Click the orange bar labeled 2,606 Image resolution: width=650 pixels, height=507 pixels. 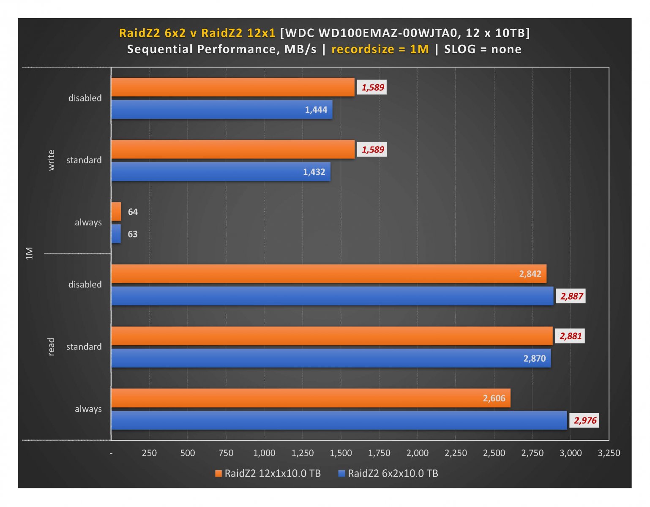click(x=311, y=398)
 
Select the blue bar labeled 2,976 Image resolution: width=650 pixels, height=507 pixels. click(x=339, y=420)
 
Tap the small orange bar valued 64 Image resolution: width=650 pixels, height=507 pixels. click(x=116, y=211)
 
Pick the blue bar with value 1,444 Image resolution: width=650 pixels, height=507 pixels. click(x=221, y=109)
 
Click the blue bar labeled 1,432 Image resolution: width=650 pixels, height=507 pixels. click(x=221, y=172)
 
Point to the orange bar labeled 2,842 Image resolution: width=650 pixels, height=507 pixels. click(x=328, y=274)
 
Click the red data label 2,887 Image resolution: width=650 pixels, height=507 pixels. click(x=571, y=296)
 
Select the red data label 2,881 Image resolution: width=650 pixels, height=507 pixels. click(x=570, y=336)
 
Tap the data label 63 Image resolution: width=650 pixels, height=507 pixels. click(x=133, y=234)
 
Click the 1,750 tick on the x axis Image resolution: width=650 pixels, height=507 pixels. click(x=379, y=453)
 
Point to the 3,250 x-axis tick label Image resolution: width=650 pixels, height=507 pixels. click(x=609, y=453)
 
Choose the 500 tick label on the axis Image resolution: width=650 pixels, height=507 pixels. click(x=188, y=453)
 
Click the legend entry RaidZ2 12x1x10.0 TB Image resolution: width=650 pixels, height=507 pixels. click(x=268, y=473)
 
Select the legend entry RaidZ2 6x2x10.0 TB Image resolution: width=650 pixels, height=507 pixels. click(x=388, y=473)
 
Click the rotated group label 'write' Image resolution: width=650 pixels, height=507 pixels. click(x=52, y=160)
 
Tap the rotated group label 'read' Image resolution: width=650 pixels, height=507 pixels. click(x=52, y=346)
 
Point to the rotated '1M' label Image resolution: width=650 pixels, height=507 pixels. click(x=29, y=253)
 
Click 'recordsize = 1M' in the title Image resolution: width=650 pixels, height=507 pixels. click(x=380, y=49)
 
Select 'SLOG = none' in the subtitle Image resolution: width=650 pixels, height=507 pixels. click(x=483, y=49)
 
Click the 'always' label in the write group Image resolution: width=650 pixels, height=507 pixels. click(x=88, y=222)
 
